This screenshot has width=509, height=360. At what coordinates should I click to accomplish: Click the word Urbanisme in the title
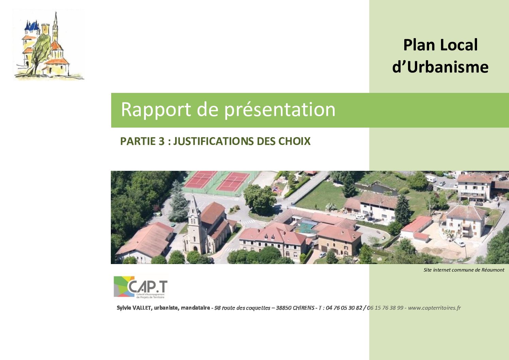pos(448,67)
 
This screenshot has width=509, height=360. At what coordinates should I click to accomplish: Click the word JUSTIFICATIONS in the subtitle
pos(214,141)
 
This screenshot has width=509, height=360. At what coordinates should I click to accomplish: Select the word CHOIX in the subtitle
pos(294,141)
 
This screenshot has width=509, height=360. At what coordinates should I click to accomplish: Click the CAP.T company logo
pos(140,287)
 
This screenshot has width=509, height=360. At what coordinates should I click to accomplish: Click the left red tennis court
pos(200,179)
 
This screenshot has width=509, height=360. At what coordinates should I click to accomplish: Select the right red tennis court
pos(233,182)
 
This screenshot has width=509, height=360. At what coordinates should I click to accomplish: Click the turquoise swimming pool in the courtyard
pos(305,227)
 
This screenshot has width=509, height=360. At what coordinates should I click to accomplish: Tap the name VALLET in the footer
pos(141,308)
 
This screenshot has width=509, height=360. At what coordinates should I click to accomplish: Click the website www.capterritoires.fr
pos(434,308)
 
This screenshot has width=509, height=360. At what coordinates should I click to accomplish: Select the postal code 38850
pos(284,308)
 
